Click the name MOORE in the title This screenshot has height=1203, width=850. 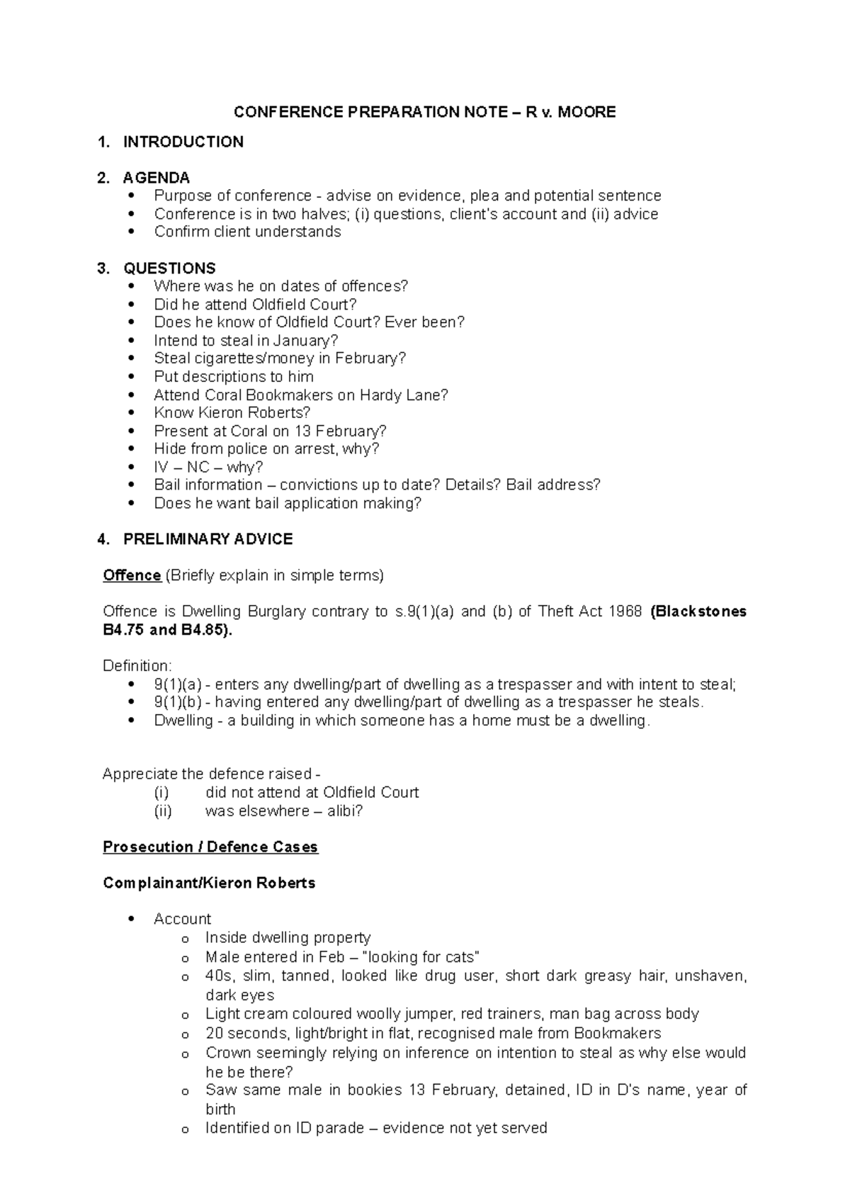(586, 112)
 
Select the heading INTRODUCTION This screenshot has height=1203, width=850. (183, 142)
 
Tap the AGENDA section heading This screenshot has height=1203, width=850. (156, 178)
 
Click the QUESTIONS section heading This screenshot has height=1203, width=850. (169, 269)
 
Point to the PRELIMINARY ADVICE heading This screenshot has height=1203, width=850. (208, 539)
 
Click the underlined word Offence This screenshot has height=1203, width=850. (132, 575)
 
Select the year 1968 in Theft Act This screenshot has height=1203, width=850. (624, 611)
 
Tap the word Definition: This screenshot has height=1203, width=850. (137, 666)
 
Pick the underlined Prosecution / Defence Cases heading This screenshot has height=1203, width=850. (210, 847)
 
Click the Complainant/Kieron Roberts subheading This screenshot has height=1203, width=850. (209, 883)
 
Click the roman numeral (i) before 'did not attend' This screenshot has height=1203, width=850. (161, 793)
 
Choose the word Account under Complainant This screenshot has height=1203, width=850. (182, 920)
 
